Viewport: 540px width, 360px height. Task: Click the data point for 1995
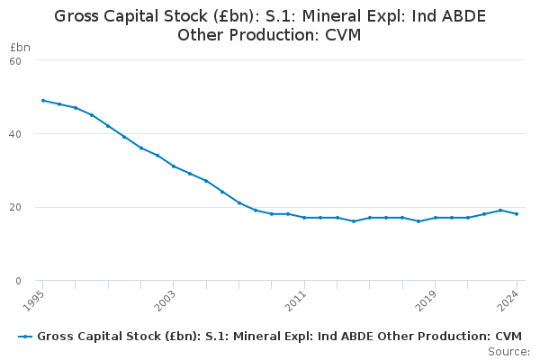pyautogui.click(x=43, y=101)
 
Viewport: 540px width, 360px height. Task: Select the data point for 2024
pyautogui.click(x=517, y=214)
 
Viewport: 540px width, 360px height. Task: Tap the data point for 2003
pyautogui.click(x=174, y=166)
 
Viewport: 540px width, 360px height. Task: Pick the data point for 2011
pyautogui.click(x=304, y=218)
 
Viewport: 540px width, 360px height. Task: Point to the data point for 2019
pyautogui.click(x=435, y=218)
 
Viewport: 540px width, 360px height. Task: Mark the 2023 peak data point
pyautogui.click(x=500, y=210)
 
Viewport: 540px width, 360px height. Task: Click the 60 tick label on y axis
pyautogui.click(x=15, y=61)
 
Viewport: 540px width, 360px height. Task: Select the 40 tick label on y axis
pyautogui.click(x=15, y=134)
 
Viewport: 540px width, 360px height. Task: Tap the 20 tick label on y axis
pyautogui.click(x=15, y=207)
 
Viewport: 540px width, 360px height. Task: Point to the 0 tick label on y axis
pyautogui.click(x=18, y=281)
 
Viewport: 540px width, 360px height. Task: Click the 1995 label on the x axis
pyautogui.click(x=34, y=301)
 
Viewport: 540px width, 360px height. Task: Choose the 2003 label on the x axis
pyautogui.click(x=165, y=301)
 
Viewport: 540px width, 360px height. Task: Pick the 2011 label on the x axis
pyautogui.click(x=295, y=301)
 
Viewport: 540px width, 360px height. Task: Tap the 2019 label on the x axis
pyautogui.click(x=427, y=301)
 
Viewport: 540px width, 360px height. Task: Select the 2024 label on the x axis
pyautogui.click(x=508, y=301)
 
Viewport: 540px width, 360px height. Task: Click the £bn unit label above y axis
pyautogui.click(x=20, y=47)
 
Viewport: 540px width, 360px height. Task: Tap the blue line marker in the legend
pyautogui.click(x=25, y=337)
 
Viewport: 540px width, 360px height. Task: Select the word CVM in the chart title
pyautogui.click(x=343, y=35)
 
